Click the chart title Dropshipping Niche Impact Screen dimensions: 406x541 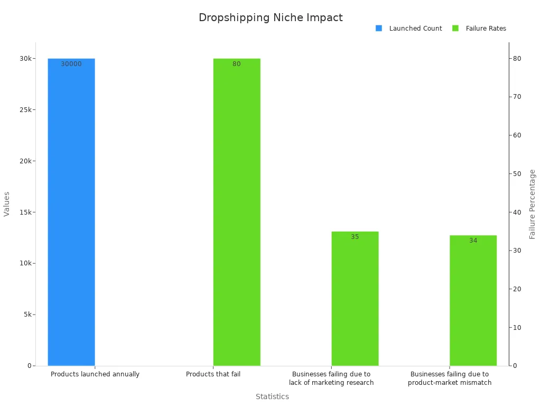click(x=270, y=18)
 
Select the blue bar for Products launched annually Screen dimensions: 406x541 click(x=71, y=211)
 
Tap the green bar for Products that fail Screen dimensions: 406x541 click(x=237, y=211)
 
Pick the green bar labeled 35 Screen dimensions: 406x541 click(x=355, y=299)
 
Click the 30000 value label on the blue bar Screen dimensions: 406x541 click(x=71, y=64)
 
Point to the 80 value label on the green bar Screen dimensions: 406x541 click(x=237, y=64)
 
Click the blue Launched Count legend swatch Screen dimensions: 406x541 click(x=379, y=29)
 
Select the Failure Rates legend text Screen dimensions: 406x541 click(x=486, y=29)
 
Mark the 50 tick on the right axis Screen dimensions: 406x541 click(x=517, y=174)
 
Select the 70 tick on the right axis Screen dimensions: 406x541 click(x=517, y=97)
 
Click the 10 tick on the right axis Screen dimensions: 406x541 click(x=517, y=328)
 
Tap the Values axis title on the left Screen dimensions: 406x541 click(x=7, y=204)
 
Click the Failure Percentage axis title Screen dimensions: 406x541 click(x=533, y=204)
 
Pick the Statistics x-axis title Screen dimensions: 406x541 click(x=272, y=396)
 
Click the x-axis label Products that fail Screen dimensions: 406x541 click(x=213, y=374)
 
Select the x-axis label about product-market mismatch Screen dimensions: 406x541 click(x=450, y=379)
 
